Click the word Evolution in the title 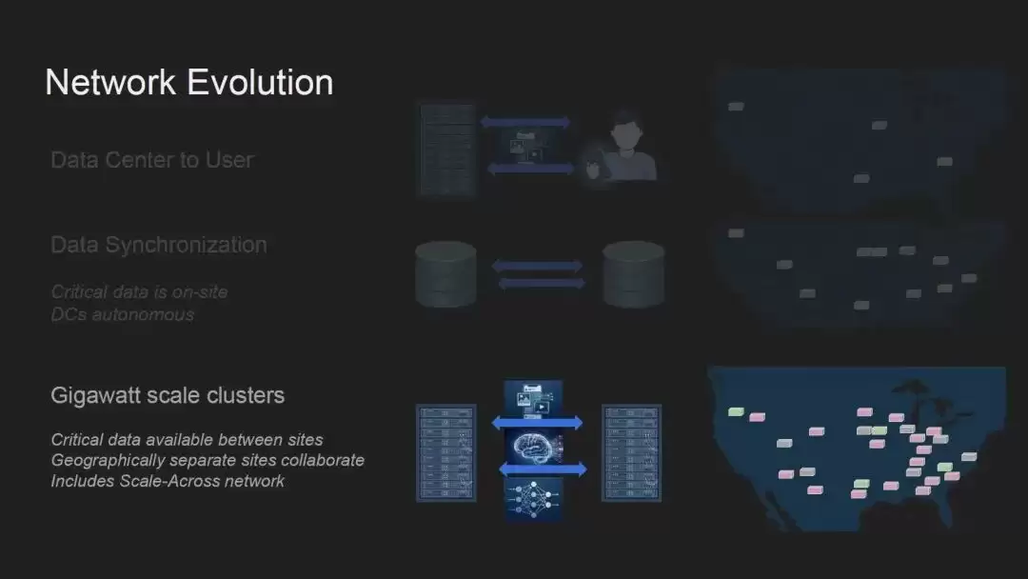pyautogui.click(x=260, y=83)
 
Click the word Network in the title pyautogui.click(x=110, y=83)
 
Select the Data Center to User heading pyautogui.click(x=152, y=160)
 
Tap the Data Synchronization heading pyautogui.click(x=159, y=245)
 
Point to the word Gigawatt pyautogui.click(x=95, y=396)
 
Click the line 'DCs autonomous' pyautogui.click(x=123, y=315)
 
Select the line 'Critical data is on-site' pyautogui.click(x=139, y=291)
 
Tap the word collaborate pyautogui.click(x=323, y=460)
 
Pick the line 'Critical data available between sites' pyautogui.click(x=187, y=439)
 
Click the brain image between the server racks pyautogui.click(x=534, y=448)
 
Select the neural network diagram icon pyautogui.click(x=533, y=500)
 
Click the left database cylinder pyautogui.click(x=445, y=274)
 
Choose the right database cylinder pyautogui.click(x=633, y=274)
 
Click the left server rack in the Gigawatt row pyautogui.click(x=446, y=453)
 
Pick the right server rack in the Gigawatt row pyautogui.click(x=631, y=453)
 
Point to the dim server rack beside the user pyautogui.click(x=446, y=150)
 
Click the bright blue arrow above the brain pyautogui.click(x=538, y=423)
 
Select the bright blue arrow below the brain pyautogui.click(x=543, y=469)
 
